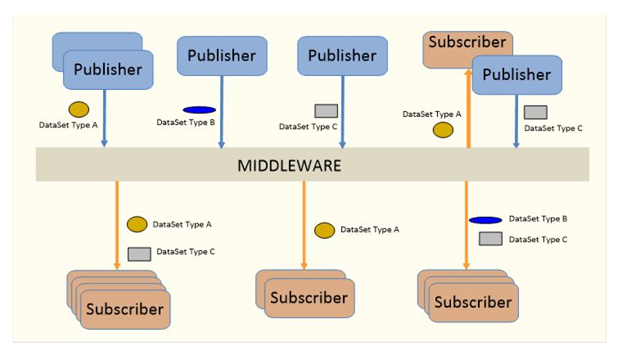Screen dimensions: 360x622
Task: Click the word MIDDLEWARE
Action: tap(289, 165)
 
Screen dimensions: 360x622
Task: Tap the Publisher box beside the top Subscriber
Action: tap(516, 75)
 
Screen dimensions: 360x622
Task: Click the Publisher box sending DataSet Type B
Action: tap(222, 56)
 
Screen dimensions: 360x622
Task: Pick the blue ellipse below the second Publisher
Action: tap(199, 110)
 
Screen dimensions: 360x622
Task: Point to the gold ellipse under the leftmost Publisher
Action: tap(79, 109)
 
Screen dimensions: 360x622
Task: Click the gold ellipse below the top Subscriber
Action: tap(443, 130)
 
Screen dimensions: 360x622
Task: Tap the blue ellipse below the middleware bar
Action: tap(485, 220)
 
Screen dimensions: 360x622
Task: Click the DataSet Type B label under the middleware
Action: tap(538, 219)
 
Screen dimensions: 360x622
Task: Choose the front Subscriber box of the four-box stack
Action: tap(124, 309)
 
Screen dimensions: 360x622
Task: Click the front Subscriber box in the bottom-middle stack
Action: tap(309, 298)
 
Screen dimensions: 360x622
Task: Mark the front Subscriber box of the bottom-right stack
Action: tap(473, 303)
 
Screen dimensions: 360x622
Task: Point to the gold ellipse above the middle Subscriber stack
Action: tap(325, 231)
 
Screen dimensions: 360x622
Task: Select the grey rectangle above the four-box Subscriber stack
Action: tap(139, 253)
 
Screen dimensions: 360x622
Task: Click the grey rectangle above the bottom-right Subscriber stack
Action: tap(490, 239)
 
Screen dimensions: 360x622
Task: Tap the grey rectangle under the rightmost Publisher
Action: tap(535, 113)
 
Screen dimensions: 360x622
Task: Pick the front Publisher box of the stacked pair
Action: tap(108, 70)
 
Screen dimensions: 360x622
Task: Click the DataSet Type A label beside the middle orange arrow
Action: tap(370, 230)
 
